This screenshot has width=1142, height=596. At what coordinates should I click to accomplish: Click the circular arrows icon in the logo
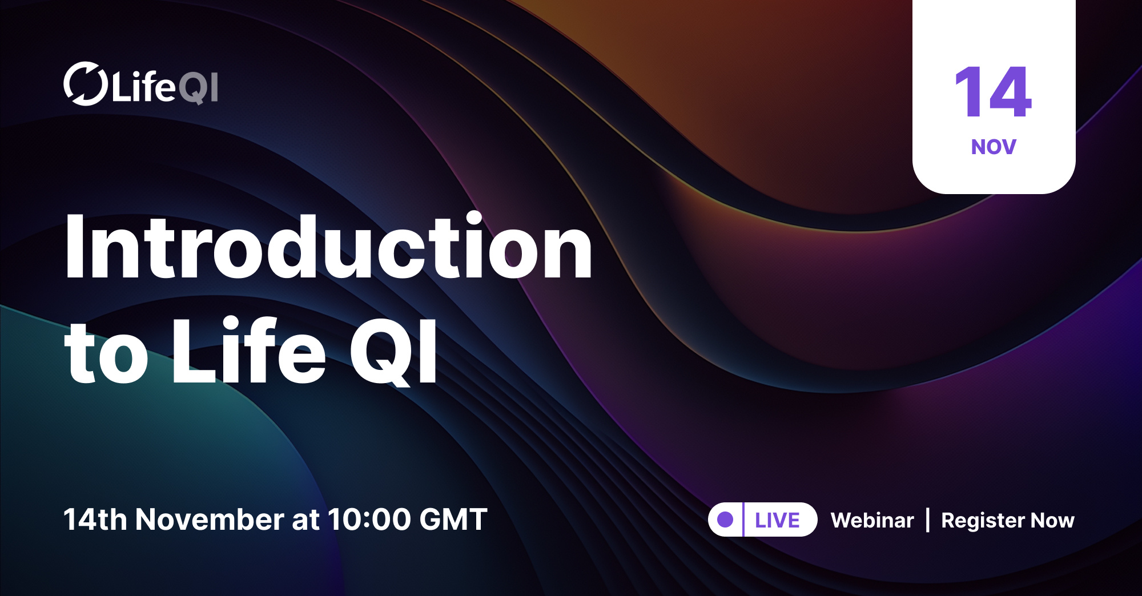(x=85, y=84)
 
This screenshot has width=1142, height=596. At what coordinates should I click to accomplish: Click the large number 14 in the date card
(x=993, y=92)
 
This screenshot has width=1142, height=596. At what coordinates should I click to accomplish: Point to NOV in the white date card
(x=994, y=147)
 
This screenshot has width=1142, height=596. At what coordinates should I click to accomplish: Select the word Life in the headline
(x=249, y=351)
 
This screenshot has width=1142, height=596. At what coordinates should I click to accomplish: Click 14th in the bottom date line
(x=95, y=520)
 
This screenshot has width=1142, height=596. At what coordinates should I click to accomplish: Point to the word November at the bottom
(x=210, y=520)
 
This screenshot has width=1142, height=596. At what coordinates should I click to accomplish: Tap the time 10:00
(x=369, y=520)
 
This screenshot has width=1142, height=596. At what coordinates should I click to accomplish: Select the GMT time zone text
(x=453, y=520)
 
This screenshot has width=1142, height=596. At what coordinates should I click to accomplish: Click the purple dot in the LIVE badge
(x=725, y=520)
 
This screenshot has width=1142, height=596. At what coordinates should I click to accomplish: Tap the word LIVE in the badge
(x=777, y=520)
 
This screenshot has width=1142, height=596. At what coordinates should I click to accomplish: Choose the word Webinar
(x=872, y=520)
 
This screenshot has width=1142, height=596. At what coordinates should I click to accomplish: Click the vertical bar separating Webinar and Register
(x=928, y=520)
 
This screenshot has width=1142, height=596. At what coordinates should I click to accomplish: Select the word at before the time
(x=305, y=520)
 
